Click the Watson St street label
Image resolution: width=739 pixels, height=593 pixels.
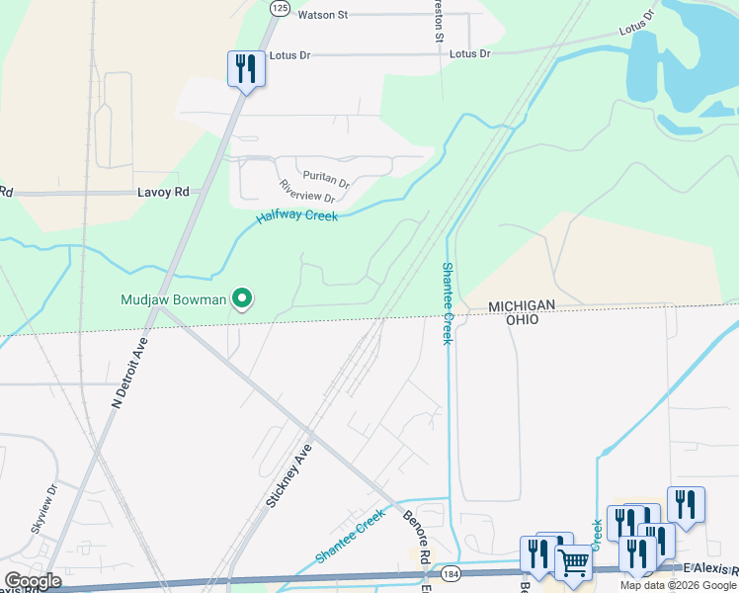323,15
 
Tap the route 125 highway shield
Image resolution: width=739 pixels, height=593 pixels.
280,7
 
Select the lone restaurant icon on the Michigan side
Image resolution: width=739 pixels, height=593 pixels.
246,69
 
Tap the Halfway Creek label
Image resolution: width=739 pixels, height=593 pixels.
297,215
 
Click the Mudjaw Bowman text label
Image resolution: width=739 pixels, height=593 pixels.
173,298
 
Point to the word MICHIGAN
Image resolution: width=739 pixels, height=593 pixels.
523,308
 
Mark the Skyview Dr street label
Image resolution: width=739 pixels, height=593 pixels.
44,509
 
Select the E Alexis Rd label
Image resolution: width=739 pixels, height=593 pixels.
710,569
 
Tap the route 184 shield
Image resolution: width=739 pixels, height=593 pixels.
452,573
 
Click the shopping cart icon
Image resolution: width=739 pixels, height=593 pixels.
573,563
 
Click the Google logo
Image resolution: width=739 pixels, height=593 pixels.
33,581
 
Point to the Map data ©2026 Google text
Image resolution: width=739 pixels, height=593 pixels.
678,585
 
